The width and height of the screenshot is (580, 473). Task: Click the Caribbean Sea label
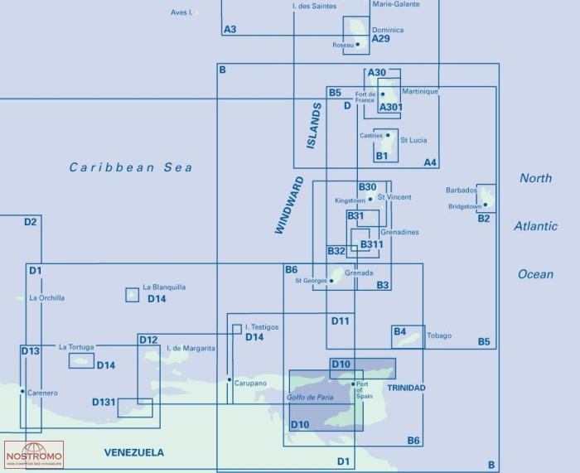(x=131, y=167)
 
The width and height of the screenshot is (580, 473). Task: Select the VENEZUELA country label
(x=133, y=452)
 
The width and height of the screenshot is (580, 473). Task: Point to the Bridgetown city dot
(x=486, y=204)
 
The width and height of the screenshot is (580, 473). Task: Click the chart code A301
(x=390, y=107)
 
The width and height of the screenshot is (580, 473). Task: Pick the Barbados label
(x=462, y=190)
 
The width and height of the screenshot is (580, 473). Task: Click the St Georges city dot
(x=331, y=281)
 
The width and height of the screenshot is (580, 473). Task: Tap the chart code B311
(x=371, y=244)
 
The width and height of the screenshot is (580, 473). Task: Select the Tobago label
(x=439, y=335)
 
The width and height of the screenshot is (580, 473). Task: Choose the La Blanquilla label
(x=164, y=287)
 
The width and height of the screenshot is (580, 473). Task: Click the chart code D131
(x=104, y=403)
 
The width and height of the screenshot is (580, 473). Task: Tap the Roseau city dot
(x=358, y=45)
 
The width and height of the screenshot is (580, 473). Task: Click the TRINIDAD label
(x=405, y=388)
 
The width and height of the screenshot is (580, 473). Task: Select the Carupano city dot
(x=230, y=380)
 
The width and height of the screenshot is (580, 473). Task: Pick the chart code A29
(x=381, y=39)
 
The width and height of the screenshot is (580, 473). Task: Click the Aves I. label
(x=181, y=12)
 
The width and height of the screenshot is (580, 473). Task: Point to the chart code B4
(x=400, y=331)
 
